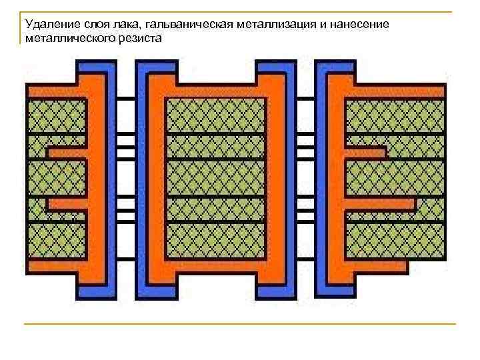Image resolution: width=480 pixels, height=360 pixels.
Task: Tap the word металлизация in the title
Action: pyautogui.click(x=261, y=25)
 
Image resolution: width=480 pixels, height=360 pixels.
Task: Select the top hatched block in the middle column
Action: pyautogui.click(x=215, y=116)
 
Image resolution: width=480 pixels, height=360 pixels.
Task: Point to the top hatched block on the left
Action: pyautogui.click(x=57, y=116)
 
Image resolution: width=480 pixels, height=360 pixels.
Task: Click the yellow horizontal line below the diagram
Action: pyautogui.click(x=240, y=324)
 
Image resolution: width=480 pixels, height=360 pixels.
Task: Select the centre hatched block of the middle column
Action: pyautogui.click(x=215, y=178)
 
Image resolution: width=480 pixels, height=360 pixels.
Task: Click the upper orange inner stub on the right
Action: pyautogui.click(x=365, y=152)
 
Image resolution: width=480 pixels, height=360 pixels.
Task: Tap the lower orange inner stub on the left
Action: pyautogui.click(x=67, y=203)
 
